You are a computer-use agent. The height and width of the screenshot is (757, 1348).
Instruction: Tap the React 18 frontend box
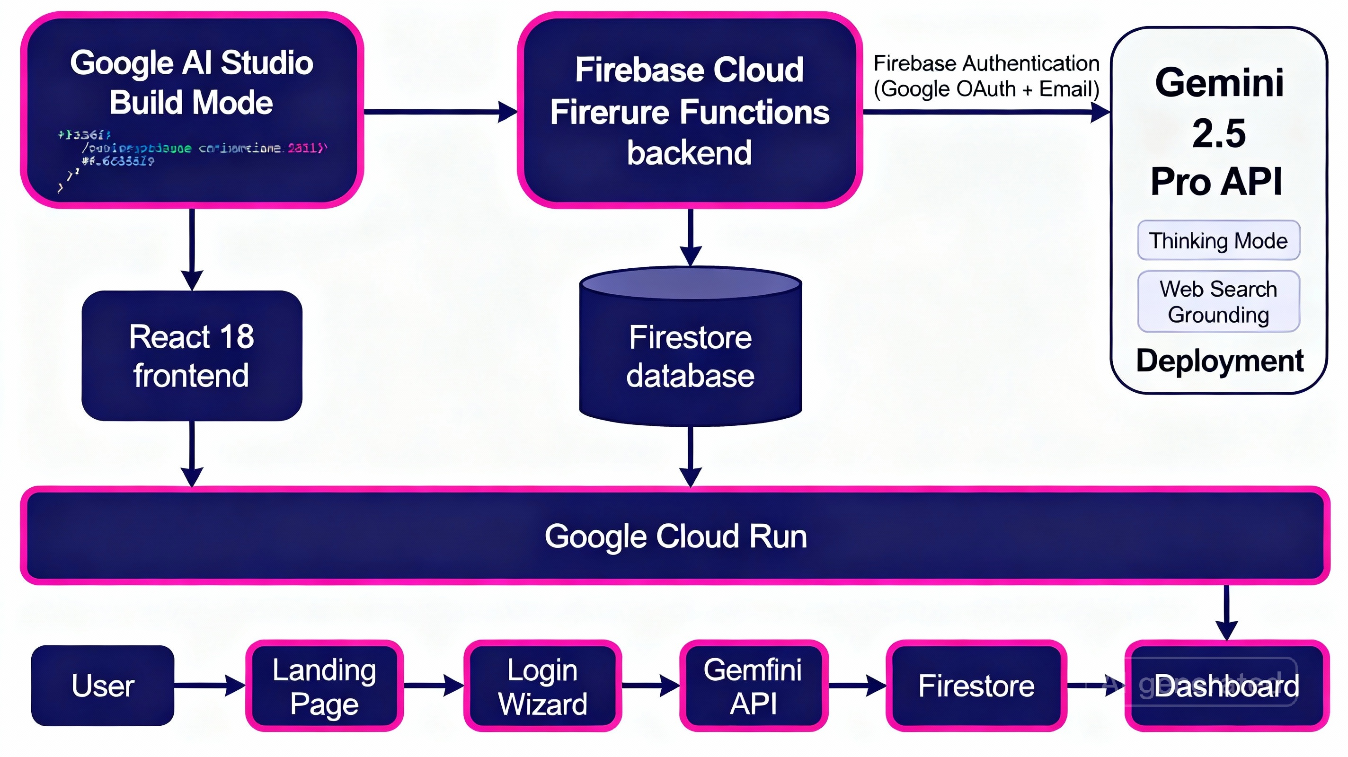pyautogui.click(x=192, y=356)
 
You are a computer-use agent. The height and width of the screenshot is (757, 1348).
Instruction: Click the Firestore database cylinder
pyautogui.click(x=690, y=356)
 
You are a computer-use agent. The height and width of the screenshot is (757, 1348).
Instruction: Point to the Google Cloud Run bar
pyautogui.click(x=675, y=536)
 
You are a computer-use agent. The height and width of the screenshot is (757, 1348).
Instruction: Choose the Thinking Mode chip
pyautogui.click(x=1218, y=241)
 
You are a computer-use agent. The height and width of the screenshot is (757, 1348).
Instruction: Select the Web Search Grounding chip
pyautogui.click(x=1218, y=302)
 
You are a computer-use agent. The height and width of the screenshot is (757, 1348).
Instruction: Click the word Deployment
pyautogui.click(x=1219, y=361)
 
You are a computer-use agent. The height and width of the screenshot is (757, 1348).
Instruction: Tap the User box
pyautogui.click(x=103, y=686)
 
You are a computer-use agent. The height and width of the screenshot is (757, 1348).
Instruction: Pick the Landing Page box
pyautogui.click(x=324, y=686)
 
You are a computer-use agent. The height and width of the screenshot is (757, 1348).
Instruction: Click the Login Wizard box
pyautogui.click(x=542, y=686)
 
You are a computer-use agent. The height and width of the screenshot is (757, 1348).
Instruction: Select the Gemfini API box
pyautogui.click(x=754, y=686)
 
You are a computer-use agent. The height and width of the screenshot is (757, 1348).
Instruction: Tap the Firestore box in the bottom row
pyautogui.click(x=976, y=686)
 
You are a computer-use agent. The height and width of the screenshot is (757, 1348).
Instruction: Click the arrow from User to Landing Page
pyautogui.click(x=209, y=685)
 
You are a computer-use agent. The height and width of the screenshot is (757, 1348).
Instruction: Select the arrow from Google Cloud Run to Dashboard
pyautogui.click(x=1226, y=612)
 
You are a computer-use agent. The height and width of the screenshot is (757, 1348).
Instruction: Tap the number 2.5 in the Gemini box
pyautogui.click(x=1219, y=133)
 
